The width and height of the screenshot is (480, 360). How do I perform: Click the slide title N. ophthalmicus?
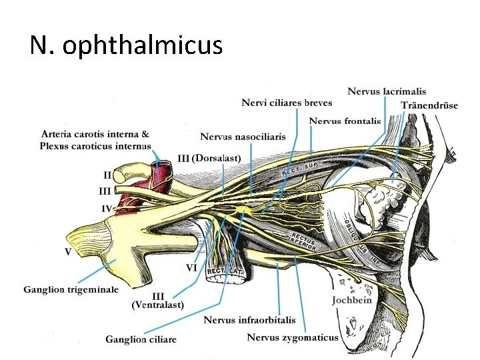126,45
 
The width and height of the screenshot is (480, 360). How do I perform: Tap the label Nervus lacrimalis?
387,91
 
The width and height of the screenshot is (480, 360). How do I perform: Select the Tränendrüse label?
429,106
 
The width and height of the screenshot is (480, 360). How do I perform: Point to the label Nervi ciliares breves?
287,103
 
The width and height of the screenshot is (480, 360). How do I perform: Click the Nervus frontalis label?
345,121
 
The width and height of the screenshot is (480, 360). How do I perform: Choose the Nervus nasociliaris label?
243,137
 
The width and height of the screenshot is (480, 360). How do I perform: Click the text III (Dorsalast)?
209,158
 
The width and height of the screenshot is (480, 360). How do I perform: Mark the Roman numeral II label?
107,175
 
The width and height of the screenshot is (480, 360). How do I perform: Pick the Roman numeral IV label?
107,208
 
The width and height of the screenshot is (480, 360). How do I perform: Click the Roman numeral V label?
68,251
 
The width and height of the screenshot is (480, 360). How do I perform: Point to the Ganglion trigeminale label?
71,289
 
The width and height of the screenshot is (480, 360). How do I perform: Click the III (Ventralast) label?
158,301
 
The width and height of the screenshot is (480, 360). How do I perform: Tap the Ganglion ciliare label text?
141,339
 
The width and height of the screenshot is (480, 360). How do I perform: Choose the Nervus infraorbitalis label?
249,320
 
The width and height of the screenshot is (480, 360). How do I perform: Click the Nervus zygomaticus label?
293,337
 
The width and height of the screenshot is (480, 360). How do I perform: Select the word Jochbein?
352,300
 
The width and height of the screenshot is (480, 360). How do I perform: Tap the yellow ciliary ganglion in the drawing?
243,211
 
